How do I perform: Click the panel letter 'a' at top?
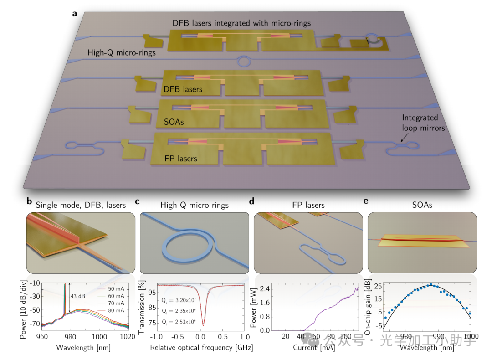click(74, 13)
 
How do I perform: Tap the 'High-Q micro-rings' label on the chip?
click(122, 53)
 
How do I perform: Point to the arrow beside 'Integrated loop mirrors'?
click(404, 137)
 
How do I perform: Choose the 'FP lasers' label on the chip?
click(181, 159)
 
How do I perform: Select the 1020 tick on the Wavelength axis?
click(127, 337)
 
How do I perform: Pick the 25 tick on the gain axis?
click(377, 286)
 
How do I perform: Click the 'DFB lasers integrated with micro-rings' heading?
click(241, 22)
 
